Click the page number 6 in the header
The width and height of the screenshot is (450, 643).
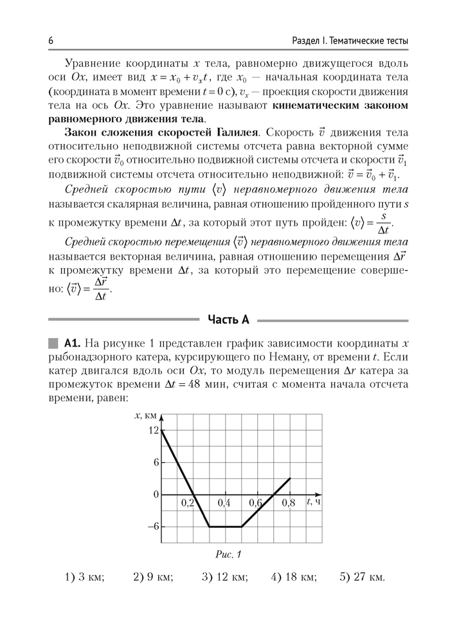pyautogui.click(x=50, y=41)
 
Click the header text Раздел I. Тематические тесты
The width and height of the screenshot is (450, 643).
pyautogui.click(x=346, y=41)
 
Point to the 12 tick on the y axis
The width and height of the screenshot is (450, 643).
pyautogui.click(x=152, y=430)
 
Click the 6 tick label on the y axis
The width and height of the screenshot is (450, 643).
pyautogui.click(x=155, y=462)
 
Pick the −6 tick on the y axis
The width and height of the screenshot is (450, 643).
pyautogui.click(x=151, y=527)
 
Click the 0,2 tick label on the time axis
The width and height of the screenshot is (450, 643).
pyautogui.click(x=186, y=503)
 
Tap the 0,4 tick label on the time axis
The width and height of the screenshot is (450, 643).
pyautogui.click(x=224, y=503)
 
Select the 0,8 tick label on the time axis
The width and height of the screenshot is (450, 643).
pyautogui.click(x=288, y=503)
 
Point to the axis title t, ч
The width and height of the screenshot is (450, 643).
pyautogui.click(x=314, y=502)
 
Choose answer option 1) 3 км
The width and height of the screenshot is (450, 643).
pyautogui.click(x=85, y=577)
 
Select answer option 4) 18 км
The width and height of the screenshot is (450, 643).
pyautogui.click(x=294, y=577)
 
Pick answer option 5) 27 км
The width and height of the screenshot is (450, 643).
pyautogui.click(x=363, y=577)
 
